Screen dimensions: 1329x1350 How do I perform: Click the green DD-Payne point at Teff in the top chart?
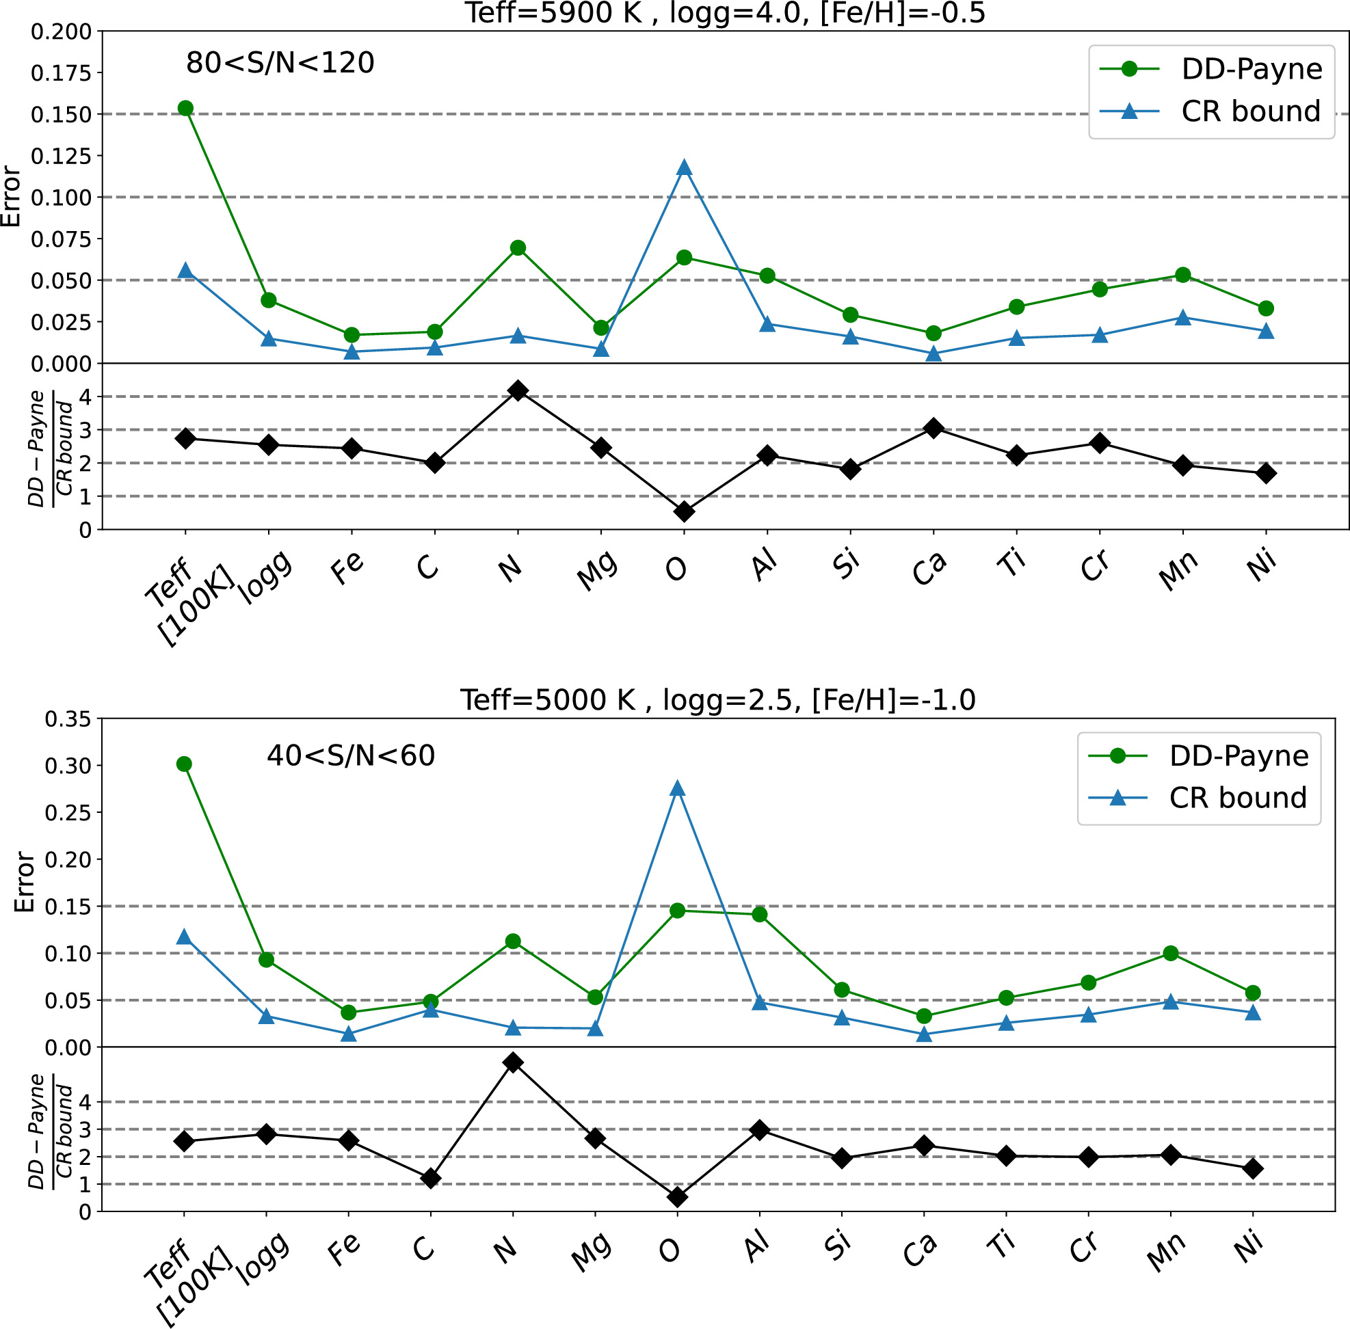click(x=185, y=108)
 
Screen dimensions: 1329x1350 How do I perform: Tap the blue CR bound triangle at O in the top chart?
click(x=684, y=167)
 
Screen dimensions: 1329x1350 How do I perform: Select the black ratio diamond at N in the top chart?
click(x=518, y=390)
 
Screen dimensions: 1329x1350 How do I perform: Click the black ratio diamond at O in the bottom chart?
click(x=677, y=1197)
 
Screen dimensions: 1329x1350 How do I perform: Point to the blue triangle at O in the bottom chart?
click(x=677, y=789)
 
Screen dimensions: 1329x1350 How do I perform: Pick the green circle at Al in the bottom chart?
click(x=760, y=915)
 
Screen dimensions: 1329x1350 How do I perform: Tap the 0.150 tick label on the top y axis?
click(x=61, y=114)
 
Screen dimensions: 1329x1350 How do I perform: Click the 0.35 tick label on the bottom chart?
click(x=68, y=719)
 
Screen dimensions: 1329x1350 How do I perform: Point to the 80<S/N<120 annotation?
click(x=280, y=64)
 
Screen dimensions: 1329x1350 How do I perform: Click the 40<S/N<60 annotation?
click(x=351, y=756)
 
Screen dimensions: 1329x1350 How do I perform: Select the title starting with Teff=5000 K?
click(x=717, y=699)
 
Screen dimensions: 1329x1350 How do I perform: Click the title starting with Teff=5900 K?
click(x=725, y=12)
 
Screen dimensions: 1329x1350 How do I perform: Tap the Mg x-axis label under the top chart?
click(x=597, y=570)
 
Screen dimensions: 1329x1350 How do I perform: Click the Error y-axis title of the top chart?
click(x=12, y=196)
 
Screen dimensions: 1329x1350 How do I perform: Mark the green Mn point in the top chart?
click(x=1182, y=275)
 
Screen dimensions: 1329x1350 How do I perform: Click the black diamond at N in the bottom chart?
click(x=513, y=1063)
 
